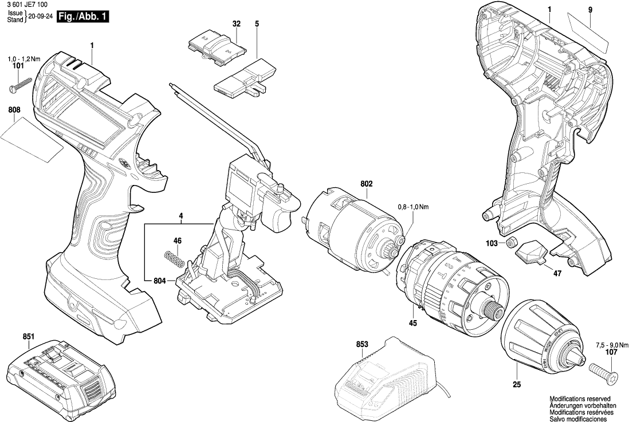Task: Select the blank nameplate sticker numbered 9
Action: click(591, 32)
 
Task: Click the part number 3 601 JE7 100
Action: click(26, 5)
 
